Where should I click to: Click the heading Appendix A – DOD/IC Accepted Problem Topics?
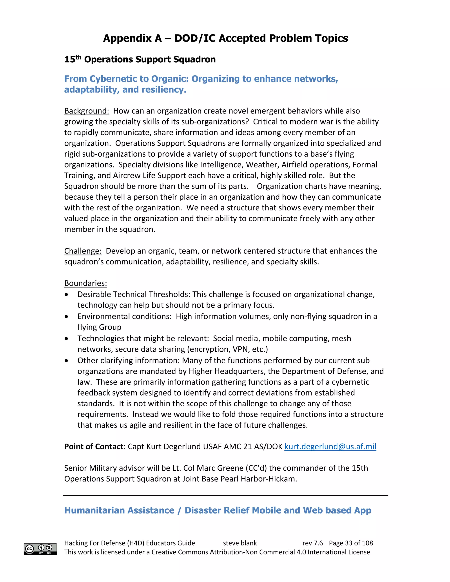(225, 38)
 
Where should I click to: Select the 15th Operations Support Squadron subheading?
(140, 59)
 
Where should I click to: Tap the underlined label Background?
(86, 111)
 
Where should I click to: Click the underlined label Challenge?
(83, 251)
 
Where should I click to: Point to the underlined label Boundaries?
(85, 283)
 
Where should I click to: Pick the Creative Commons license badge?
(40, 549)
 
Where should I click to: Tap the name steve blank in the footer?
(240, 543)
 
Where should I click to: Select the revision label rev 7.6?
(312, 543)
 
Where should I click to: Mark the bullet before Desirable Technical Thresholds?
(66, 295)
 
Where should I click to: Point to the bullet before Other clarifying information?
(66, 361)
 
